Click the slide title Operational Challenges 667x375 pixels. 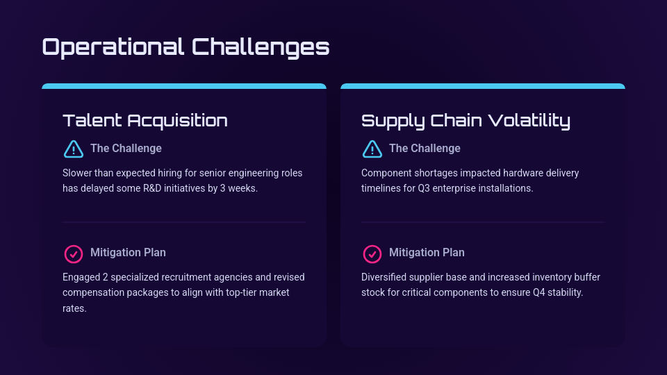click(x=186, y=47)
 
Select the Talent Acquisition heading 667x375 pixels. click(x=145, y=120)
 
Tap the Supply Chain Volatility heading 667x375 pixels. click(x=466, y=120)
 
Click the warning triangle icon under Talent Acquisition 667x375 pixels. click(x=73, y=149)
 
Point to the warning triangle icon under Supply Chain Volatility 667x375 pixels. click(x=372, y=149)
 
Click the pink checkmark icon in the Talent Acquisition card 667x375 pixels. click(x=73, y=253)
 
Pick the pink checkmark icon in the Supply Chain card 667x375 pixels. click(x=372, y=253)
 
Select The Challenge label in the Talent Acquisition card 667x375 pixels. click(x=126, y=148)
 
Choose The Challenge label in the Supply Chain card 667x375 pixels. click(x=425, y=148)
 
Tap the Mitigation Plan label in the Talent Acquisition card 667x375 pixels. click(x=128, y=252)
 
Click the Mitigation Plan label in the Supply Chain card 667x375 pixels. click(x=427, y=252)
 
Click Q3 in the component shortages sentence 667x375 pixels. click(x=425, y=188)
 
